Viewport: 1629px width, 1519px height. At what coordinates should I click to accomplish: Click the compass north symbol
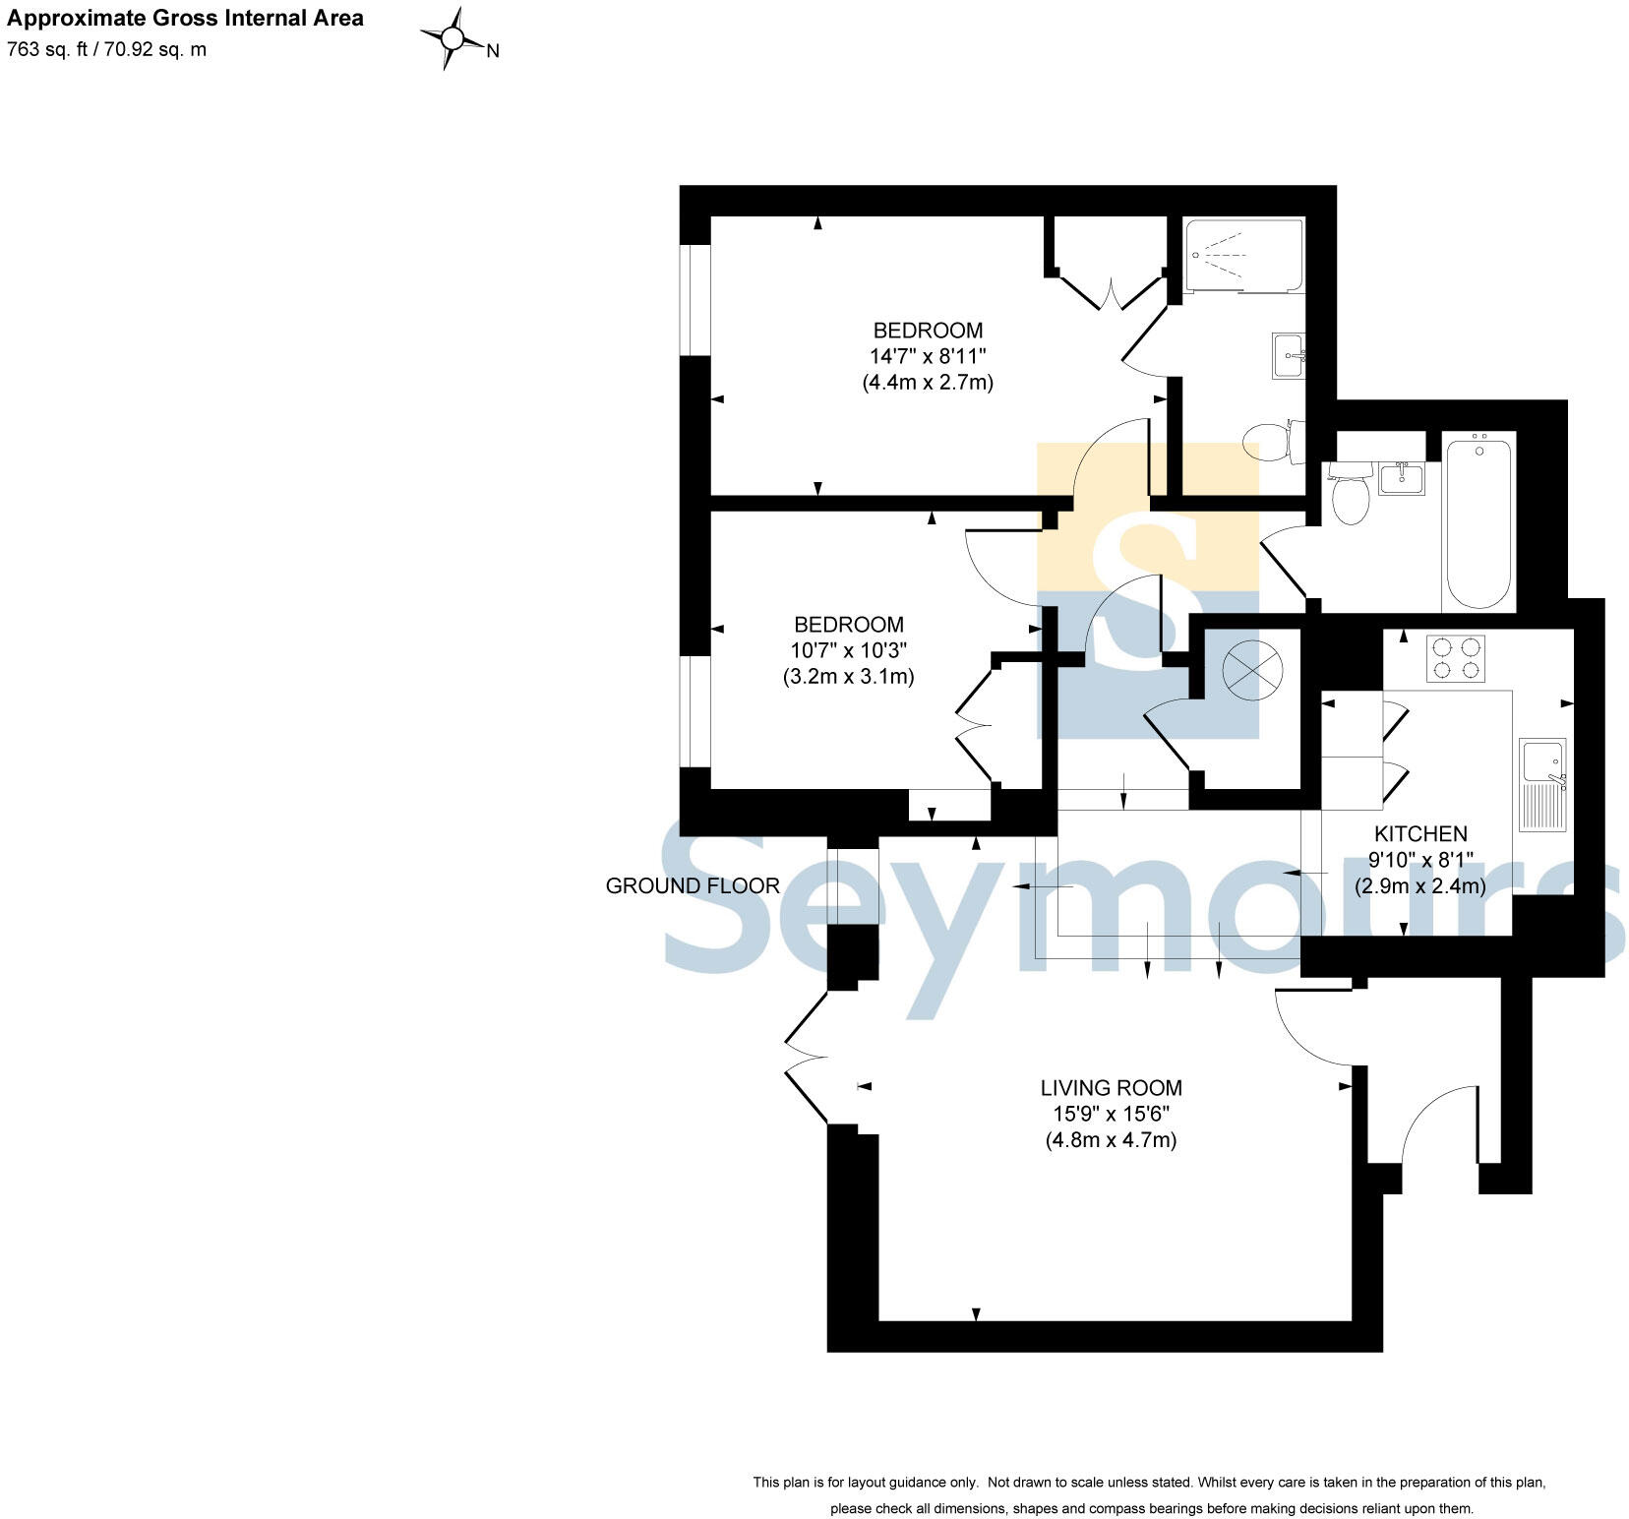[x=453, y=39]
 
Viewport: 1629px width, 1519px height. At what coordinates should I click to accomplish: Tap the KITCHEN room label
[x=1419, y=833]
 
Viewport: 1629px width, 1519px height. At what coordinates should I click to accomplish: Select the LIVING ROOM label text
[x=1111, y=1087]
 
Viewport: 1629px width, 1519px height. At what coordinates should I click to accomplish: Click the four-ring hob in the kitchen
[x=1455, y=658]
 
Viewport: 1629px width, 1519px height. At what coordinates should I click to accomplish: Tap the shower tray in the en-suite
[x=1243, y=256]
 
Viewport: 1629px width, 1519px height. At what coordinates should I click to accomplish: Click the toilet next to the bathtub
[x=1350, y=495]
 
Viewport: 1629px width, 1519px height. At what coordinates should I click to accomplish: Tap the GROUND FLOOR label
[x=693, y=885]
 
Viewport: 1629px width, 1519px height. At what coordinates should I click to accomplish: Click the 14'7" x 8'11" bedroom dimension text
[x=928, y=355]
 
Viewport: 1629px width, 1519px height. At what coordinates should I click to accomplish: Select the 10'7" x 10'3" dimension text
[x=848, y=650]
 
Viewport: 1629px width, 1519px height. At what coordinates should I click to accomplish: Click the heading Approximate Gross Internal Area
[x=185, y=18]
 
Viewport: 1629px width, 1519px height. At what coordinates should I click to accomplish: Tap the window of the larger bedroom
[x=695, y=299]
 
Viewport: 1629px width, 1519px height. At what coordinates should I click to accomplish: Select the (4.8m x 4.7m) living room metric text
[x=1111, y=1140]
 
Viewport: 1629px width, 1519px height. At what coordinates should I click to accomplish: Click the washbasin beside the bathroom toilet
[x=1401, y=478]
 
